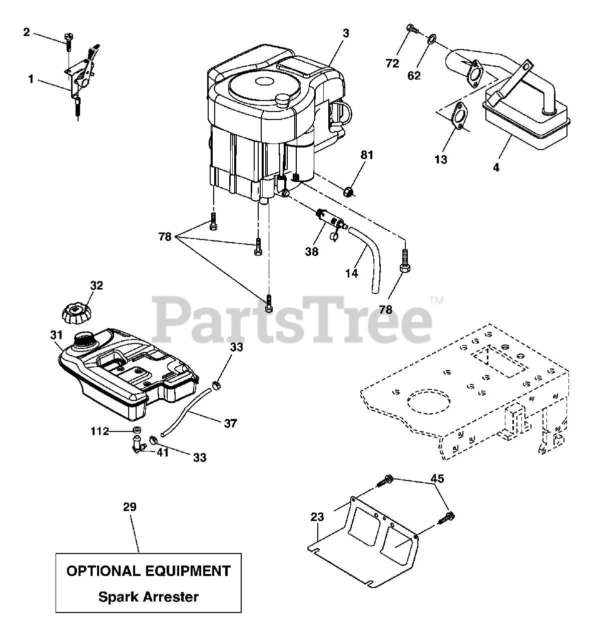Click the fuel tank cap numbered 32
coord(76,313)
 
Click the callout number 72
coord(392,63)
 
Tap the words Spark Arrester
coord(148,596)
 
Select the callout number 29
coord(130,507)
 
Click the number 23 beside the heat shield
coord(317,517)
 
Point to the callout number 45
coord(437,479)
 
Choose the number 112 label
coord(100,430)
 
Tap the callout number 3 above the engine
coord(346,33)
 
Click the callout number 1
coord(31,78)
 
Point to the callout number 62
coord(414,75)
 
